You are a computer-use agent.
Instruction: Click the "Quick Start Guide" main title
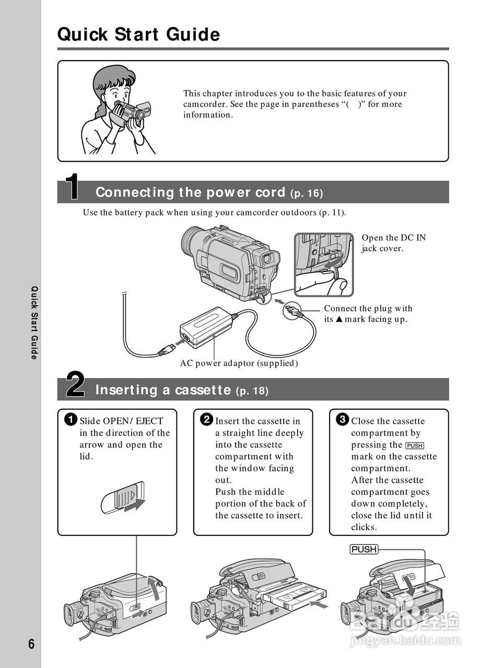(138, 34)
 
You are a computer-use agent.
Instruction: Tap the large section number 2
(75, 385)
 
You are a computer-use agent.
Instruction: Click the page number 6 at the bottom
(31, 644)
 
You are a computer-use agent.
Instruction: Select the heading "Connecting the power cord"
(192, 193)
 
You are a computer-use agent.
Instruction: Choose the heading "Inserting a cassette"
(163, 390)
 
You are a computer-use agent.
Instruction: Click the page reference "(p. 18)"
(252, 391)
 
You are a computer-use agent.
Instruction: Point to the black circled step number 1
(71, 420)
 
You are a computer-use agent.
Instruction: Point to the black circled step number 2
(207, 420)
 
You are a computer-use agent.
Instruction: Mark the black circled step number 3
(342, 420)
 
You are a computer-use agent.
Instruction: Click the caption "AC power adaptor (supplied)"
(239, 363)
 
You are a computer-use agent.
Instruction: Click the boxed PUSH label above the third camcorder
(364, 550)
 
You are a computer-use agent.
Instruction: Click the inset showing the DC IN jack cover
(323, 264)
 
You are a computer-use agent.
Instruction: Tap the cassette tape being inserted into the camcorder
(295, 596)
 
